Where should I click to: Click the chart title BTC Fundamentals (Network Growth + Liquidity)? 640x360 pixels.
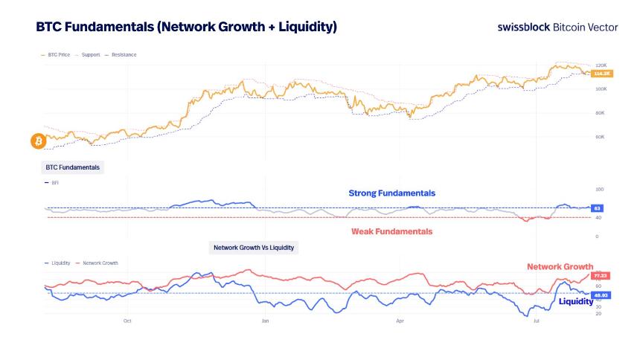coord(186,27)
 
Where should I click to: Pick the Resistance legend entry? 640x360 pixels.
coord(122,54)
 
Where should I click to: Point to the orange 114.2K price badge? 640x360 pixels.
coord(601,74)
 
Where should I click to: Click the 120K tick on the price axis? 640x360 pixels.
coord(601,65)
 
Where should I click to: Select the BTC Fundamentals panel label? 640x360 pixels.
coord(72,167)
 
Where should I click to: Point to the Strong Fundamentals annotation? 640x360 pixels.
coord(391,193)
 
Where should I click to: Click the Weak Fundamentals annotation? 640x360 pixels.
coord(391,231)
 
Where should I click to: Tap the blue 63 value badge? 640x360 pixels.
coord(597,208)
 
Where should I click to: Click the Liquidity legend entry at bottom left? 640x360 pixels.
coord(58,263)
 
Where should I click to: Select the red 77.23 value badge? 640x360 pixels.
coord(601,276)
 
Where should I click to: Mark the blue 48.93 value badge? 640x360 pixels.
coord(601,295)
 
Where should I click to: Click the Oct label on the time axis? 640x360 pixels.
coord(127,321)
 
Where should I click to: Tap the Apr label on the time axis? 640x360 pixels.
coord(400,321)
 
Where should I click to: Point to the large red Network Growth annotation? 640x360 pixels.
coord(560,266)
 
